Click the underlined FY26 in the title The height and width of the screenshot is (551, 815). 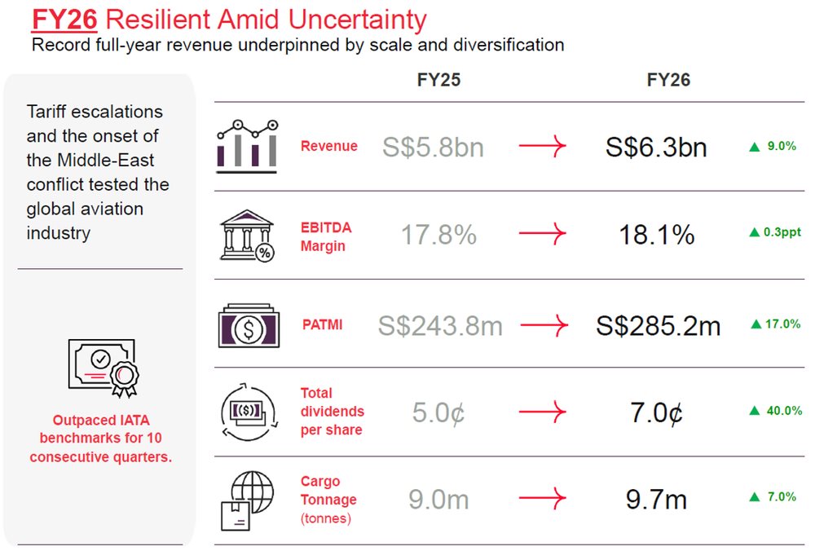tap(64, 20)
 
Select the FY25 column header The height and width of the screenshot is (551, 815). tap(438, 80)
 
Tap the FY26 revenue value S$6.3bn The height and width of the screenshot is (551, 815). tap(656, 147)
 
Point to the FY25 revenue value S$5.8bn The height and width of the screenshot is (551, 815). tap(433, 147)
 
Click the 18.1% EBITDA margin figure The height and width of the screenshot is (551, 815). tap(657, 235)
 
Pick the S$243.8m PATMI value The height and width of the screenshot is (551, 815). tap(440, 326)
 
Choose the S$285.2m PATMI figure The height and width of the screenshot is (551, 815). tap(658, 326)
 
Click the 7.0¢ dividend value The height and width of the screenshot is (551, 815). tap(657, 412)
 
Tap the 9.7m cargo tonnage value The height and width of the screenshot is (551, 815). tap(656, 499)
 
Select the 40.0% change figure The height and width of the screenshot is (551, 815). tap(784, 411)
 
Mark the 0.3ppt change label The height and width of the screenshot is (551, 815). tap(782, 231)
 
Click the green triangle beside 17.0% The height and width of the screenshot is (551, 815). tap(756, 324)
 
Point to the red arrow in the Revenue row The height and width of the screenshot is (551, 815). tap(543, 146)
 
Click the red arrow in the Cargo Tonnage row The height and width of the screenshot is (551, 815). tap(543, 498)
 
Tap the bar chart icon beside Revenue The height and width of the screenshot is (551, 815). tap(248, 146)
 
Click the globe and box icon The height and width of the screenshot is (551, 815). tap(248, 500)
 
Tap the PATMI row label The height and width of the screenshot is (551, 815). tap(322, 325)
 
